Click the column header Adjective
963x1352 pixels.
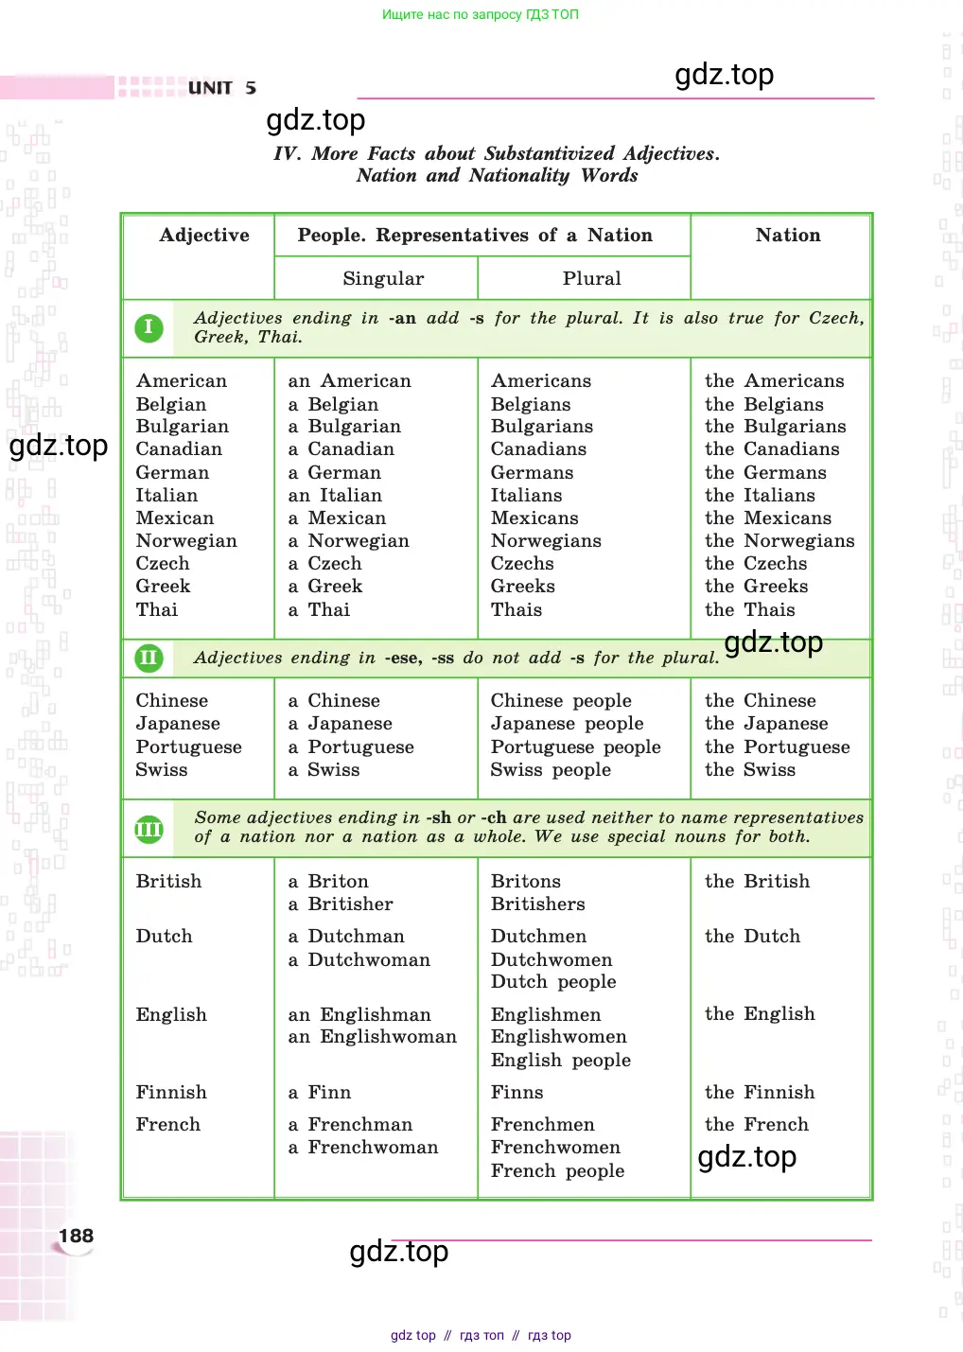click(x=204, y=236)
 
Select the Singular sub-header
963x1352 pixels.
click(x=383, y=279)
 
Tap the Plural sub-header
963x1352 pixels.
click(x=591, y=279)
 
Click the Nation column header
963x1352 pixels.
click(x=788, y=236)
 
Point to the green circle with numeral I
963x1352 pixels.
click(x=149, y=328)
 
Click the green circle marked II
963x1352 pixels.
click(x=149, y=658)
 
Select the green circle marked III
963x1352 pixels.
click(x=149, y=829)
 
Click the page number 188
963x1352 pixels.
click(x=76, y=1236)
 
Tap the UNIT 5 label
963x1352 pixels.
click(x=221, y=88)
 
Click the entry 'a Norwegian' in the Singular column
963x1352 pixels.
click(x=349, y=541)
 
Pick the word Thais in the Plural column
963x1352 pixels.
click(x=517, y=610)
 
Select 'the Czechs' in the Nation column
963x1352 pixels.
click(x=756, y=564)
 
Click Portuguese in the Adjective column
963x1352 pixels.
click(x=188, y=747)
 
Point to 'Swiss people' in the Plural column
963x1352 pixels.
click(x=551, y=770)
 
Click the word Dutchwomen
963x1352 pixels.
click(x=552, y=959)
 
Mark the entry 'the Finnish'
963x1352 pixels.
click(x=760, y=1093)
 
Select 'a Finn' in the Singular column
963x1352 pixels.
click(x=320, y=1093)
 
